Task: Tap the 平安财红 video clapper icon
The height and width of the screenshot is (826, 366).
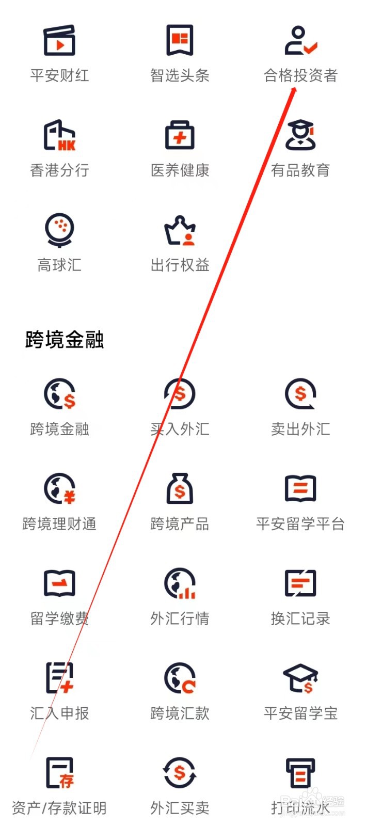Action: pyautogui.click(x=59, y=40)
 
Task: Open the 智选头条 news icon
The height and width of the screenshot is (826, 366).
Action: pyautogui.click(x=180, y=40)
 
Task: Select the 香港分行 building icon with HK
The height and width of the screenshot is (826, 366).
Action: pyautogui.click(x=59, y=135)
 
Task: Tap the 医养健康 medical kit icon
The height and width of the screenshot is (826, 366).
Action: pyautogui.click(x=180, y=135)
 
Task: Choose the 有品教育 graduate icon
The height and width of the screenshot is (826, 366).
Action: pyautogui.click(x=300, y=135)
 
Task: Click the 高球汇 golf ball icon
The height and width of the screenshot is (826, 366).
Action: pyautogui.click(x=59, y=230)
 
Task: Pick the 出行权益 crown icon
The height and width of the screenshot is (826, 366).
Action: pyautogui.click(x=180, y=230)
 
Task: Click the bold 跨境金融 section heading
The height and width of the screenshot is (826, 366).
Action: pyautogui.click(x=65, y=340)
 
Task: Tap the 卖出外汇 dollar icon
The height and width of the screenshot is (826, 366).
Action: pyautogui.click(x=300, y=394)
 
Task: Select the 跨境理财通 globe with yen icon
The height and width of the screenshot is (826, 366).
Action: pyautogui.click(x=59, y=489)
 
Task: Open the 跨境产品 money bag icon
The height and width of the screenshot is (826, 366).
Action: pyautogui.click(x=180, y=488)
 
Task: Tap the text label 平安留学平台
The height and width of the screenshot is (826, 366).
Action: pyautogui.click(x=300, y=524)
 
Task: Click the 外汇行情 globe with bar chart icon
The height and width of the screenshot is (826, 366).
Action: pyautogui.click(x=180, y=583)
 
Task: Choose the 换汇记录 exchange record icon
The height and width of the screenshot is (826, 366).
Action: pyautogui.click(x=300, y=583)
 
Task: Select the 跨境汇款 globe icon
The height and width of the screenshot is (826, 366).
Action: pyautogui.click(x=180, y=678)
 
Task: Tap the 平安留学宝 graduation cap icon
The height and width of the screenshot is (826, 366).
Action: pyautogui.click(x=300, y=678)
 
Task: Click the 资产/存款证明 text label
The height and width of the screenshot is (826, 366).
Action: pyautogui.click(x=59, y=808)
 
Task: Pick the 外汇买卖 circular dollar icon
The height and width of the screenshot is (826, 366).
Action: pyautogui.click(x=180, y=773)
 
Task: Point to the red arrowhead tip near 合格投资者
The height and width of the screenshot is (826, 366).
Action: pyautogui.click(x=295, y=89)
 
